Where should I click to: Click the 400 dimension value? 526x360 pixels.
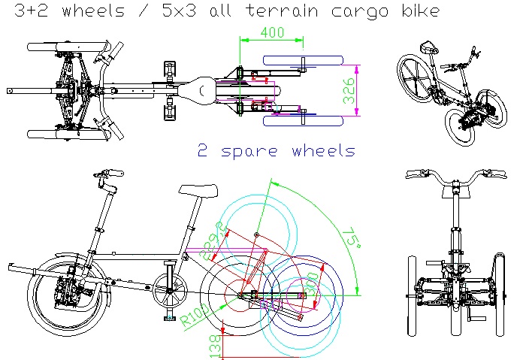click(272, 33)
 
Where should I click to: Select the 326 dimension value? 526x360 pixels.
click(369, 89)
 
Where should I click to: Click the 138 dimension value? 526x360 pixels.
click(213, 344)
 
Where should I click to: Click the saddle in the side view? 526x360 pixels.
click(192, 189)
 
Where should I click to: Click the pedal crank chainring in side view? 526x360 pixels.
click(170, 291)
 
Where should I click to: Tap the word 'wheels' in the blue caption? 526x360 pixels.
click(322, 151)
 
